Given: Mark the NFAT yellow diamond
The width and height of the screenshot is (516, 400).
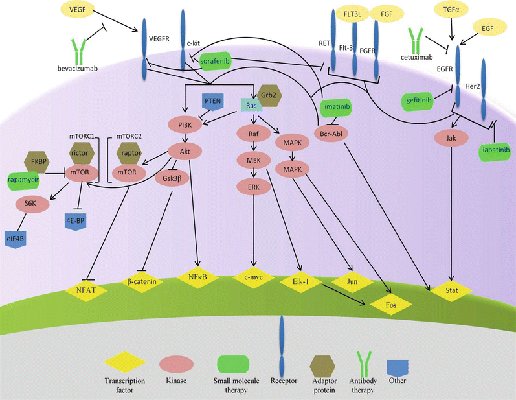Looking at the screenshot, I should click(88, 290).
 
